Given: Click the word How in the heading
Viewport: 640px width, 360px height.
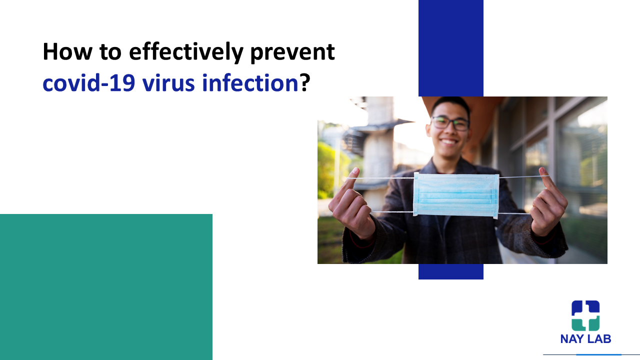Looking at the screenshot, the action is pos(67,51).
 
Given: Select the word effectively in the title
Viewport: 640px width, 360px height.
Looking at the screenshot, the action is pos(186,53).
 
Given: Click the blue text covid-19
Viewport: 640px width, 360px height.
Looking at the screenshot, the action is pos(88,83).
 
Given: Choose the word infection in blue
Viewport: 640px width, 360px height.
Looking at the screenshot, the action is pos(250,83).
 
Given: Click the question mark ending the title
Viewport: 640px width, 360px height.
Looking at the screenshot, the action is pos(305,83).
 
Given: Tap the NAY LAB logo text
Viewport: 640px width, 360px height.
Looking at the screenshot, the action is pos(585,339).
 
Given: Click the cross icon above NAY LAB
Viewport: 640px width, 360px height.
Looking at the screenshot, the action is pos(585,315).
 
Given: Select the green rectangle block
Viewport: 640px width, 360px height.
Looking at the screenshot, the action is pos(106,287).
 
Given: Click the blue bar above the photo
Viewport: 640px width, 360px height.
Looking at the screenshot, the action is pos(451,48).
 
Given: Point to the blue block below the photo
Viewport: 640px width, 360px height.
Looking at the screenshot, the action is pos(451,271).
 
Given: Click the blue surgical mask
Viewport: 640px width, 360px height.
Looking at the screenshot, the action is pos(456,195).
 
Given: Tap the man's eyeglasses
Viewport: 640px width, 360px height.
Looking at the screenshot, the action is pos(450,123).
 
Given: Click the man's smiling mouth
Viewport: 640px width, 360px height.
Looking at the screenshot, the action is pos(449,141).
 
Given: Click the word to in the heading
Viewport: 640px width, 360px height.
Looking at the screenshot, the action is pos(110,52).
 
